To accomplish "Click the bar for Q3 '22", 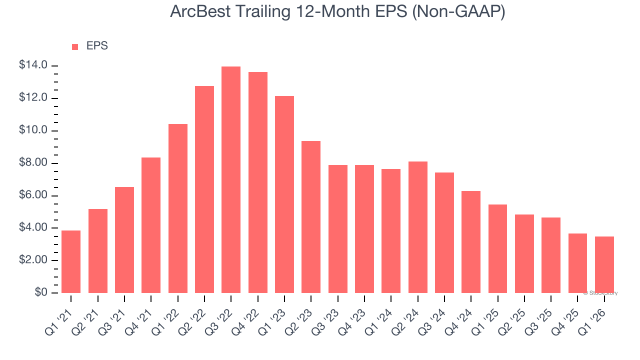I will [x=231, y=180].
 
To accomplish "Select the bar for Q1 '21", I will [x=71, y=261].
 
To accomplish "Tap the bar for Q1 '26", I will [x=604, y=264].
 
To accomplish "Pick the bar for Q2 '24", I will [x=417, y=227].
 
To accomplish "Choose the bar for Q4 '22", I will [x=257, y=182].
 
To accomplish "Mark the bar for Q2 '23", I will [x=311, y=217].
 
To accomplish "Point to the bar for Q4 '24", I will [x=471, y=242].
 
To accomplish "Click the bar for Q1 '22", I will [x=177, y=208].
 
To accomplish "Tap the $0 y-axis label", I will [x=41, y=292].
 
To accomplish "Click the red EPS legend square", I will [x=75, y=46].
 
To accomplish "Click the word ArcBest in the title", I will [x=200, y=11].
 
